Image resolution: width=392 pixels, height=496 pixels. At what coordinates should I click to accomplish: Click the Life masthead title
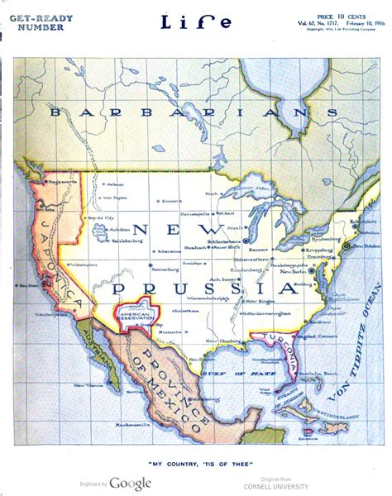(196, 22)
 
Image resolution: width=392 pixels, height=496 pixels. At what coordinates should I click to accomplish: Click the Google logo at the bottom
(130, 483)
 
